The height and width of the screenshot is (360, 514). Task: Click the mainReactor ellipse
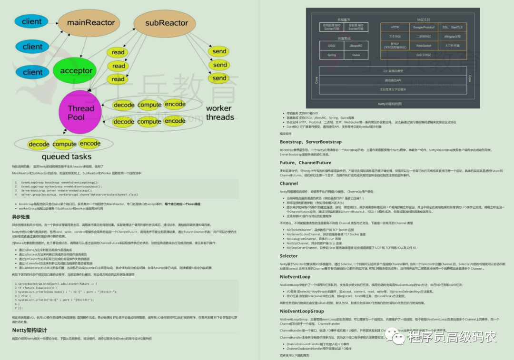pyautogui.click(x=90, y=23)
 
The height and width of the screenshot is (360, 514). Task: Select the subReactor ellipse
pyautogui.click(x=167, y=23)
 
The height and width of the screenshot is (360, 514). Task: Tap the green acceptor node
pyautogui.click(x=76, y=71)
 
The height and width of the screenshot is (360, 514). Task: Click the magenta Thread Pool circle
pyautogui.click(x=80, y=112)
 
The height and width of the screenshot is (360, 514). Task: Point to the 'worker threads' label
pyautogui.click(x=219, y=113)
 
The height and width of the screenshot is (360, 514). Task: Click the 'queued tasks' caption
pyautogui.click(x=67, y=156)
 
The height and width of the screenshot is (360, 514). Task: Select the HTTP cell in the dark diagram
pyautogui.click(x=395, y=27)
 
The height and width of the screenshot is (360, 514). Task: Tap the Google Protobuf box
pyautogui.click(x=424, y=27)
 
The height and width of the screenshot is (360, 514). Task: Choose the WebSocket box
pyautogui.click(x=424, y=46)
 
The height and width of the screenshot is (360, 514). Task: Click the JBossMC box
pyautogui.click(x=356, y=46)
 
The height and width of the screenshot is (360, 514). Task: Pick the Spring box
pyautogui.click(x=332, y=55)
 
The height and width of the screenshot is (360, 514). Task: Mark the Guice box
pyautogui.click(x=356, y=55)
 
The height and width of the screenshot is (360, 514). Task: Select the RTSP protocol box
pyautogui.click(x=395, y=46)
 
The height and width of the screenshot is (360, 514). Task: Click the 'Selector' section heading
pyautogui.click(x=289, y=256)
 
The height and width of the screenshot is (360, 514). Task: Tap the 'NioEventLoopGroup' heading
pyautogui.click(x=302, y=311)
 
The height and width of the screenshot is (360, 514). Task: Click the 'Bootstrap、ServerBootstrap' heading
pyautogui.click(x=311, y=142)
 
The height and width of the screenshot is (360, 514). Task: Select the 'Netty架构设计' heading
pyautogui.click(x=30, y=330)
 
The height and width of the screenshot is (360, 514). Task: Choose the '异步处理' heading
pyautogui.click(x=21, y=217)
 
